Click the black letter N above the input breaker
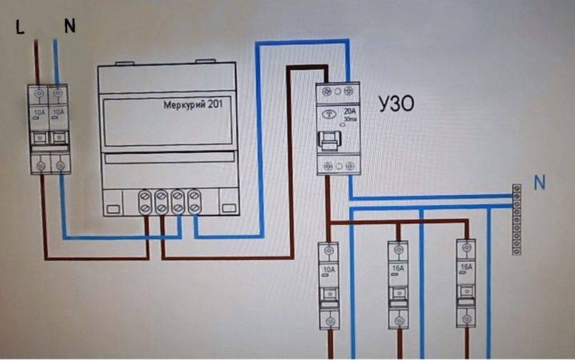[x=69, y=27]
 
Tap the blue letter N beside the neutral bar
[x=540, y=183]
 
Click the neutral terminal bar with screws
[x=516, y=219]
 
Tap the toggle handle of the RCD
[x=329, y=141]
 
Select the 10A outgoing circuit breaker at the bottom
[x=329, y=284]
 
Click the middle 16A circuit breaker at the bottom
[x=398, y=284]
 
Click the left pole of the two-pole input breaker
[x=39, y=129]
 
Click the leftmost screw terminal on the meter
[x=145, y=200]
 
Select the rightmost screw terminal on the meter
[x=192, y=200]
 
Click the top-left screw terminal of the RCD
[x=327, y=91]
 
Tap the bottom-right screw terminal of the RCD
[x=348, y=165]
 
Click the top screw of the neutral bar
[x=516, y=189]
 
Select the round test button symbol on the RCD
[x=329, y=114]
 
